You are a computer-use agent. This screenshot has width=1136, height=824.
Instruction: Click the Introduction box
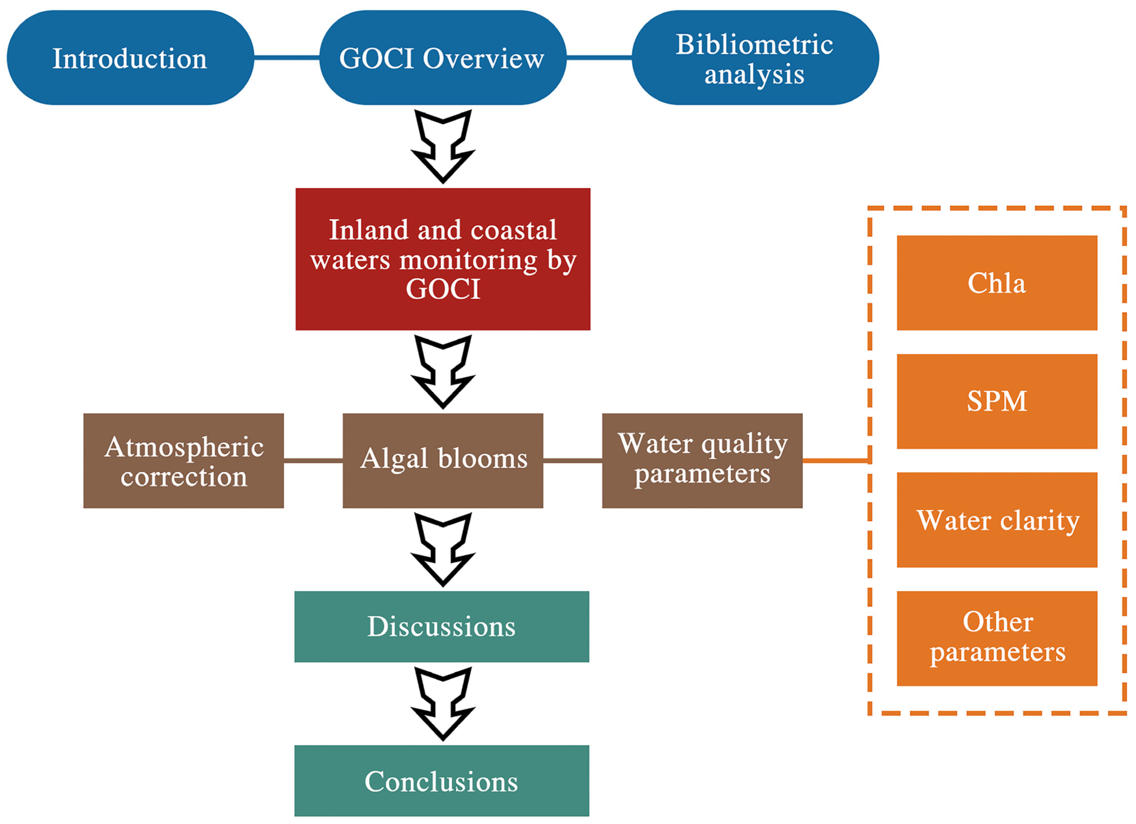tap(130, 58)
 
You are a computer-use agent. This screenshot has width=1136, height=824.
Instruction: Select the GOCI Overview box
tap(443, 58)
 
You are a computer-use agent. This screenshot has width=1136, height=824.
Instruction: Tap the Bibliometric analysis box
tap(755, 58)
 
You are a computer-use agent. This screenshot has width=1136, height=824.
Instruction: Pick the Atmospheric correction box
tap(183, 461)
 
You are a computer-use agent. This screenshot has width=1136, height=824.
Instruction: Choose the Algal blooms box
tap(443, 461)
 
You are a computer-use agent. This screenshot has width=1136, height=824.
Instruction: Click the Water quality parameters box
tap(702, 461)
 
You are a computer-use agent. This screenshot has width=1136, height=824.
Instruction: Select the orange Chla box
tap(997, 283)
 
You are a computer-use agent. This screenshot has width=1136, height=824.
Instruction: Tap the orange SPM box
tap(997, 401)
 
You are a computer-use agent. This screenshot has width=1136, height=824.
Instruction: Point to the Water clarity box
tap(997, 520)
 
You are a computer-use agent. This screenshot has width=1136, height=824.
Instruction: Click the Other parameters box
tap(997, 638)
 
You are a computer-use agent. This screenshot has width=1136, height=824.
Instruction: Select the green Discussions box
tap(442, 627)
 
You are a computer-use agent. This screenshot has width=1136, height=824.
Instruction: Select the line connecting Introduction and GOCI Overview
tap(286, 58)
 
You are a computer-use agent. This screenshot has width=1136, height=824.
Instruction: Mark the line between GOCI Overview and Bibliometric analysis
tap(599, 58)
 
